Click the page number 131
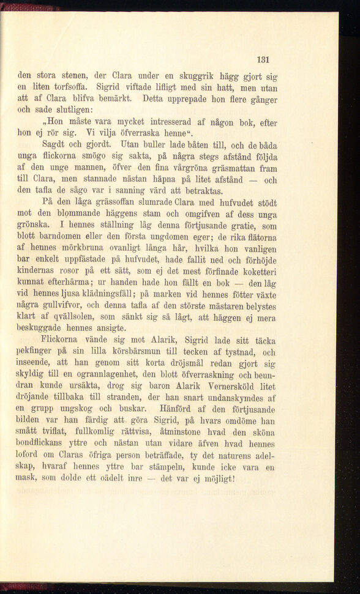[264, 60]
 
